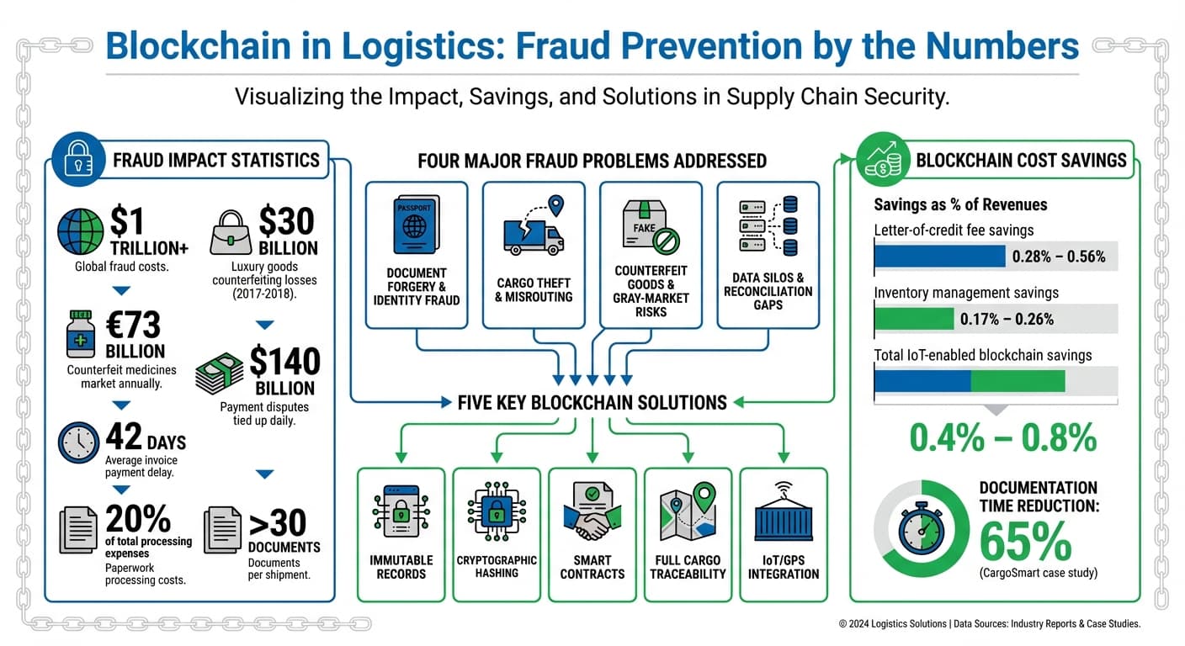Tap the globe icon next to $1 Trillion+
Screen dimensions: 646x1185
coord(81,231)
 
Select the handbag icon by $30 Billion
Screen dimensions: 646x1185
coord(231,233)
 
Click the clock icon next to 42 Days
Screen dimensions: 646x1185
coord(79,442)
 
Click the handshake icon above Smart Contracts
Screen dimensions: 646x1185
coord(593,513)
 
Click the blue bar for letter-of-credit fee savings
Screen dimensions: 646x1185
coord(939,256)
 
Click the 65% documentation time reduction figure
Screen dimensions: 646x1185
coord(1024,541)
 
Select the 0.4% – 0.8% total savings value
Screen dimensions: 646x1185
coord(1003,437)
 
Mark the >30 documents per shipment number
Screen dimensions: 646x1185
coord(278,523)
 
